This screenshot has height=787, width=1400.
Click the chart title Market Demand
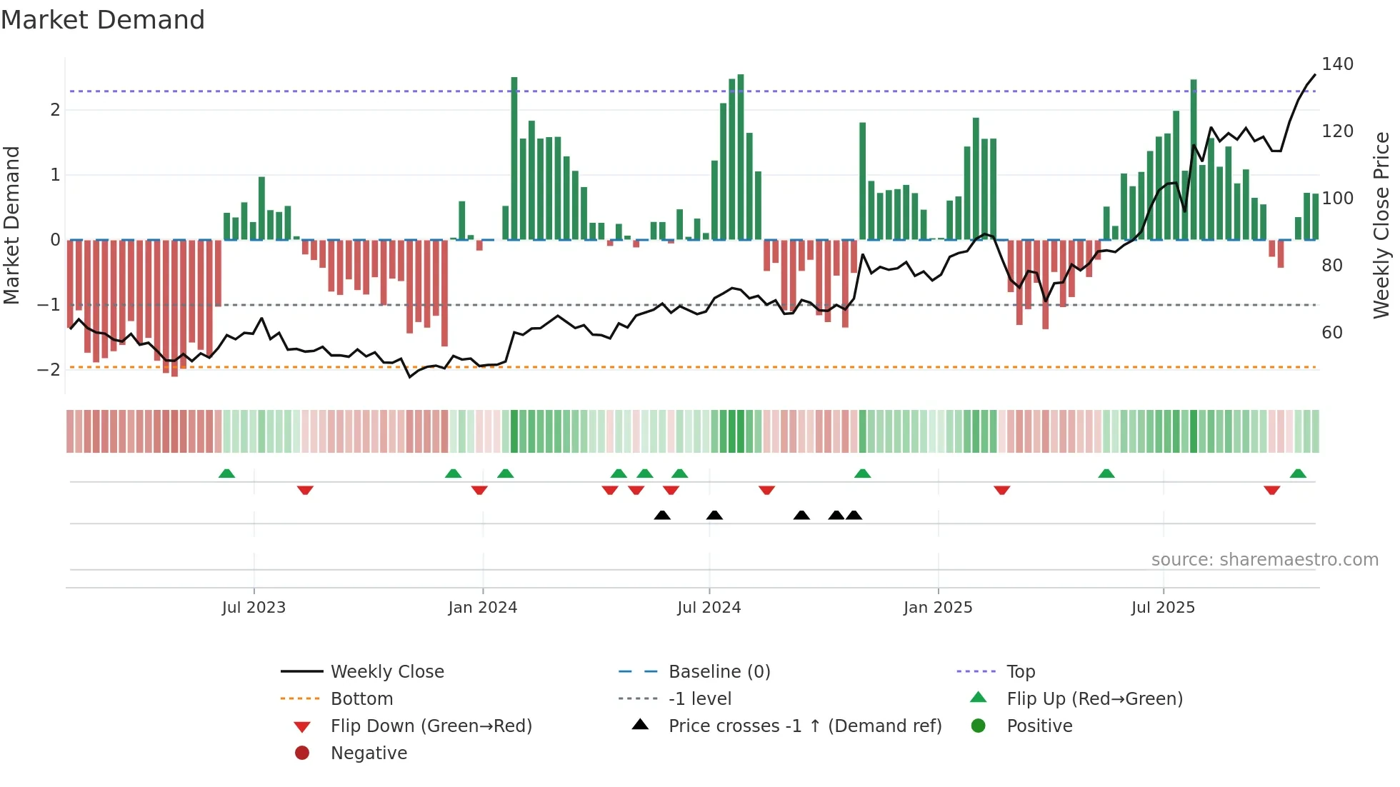pos(103,20)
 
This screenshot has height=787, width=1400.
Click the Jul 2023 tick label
pos(254,608)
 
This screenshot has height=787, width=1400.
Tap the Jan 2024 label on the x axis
pos(482,608)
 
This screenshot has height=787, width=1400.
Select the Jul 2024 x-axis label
pos(709,608)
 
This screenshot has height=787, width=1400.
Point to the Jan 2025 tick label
pos(937,608)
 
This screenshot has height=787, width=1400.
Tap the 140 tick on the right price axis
pos(1337,64)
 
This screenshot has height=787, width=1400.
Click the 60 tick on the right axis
pos(1332,333)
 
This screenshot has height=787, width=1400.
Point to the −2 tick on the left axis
pos(49,370)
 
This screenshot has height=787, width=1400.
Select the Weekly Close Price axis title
pos(1381,225)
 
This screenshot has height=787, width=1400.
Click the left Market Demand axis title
pos(11,225)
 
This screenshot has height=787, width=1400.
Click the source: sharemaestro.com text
pos(1264,560)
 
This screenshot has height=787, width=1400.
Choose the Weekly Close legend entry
pos(386,672)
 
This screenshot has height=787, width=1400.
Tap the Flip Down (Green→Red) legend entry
pos(431,726)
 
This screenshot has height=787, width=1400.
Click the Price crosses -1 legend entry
pos(804,726)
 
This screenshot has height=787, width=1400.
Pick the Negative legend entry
pos(369,753)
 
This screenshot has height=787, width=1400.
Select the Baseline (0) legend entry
pos(719,672)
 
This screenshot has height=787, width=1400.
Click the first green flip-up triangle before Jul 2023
pos(226,473)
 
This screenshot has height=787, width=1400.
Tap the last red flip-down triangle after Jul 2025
pos(1271,490)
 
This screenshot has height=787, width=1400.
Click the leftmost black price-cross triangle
pos(662,515)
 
